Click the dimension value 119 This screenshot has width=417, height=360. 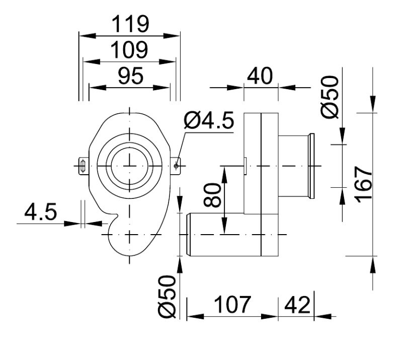point(130,24)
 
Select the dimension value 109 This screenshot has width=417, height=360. point(130,50)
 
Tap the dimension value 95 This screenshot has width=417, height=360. point(130,76)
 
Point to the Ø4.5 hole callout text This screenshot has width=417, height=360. point(209,121)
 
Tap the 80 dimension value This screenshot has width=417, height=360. point(213,195)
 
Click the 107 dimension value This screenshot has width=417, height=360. point(232,305)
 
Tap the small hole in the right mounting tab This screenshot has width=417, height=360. point(176,165)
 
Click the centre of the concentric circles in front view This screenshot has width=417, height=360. point(130,165)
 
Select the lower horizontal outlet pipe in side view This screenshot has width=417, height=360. point(224,235)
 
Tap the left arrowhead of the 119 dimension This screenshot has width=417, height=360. point(84,35)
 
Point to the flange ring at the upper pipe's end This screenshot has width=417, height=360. point(311,166)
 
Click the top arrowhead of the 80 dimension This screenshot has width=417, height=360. point(225,171)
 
